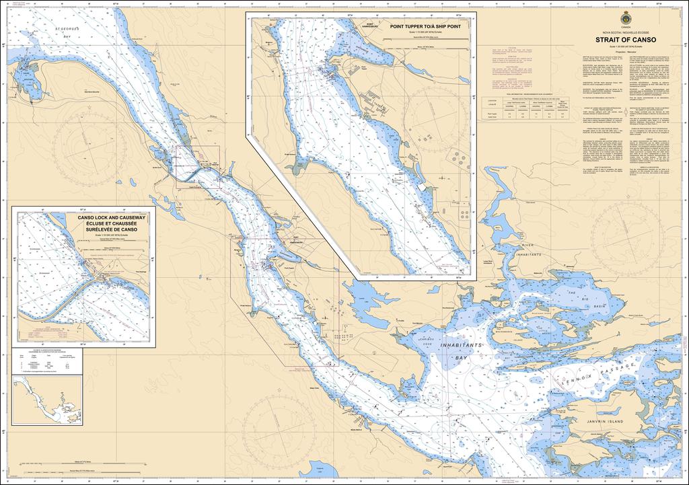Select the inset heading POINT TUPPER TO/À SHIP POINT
click(x=428, y=28)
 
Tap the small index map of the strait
click(x=47, y=400)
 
